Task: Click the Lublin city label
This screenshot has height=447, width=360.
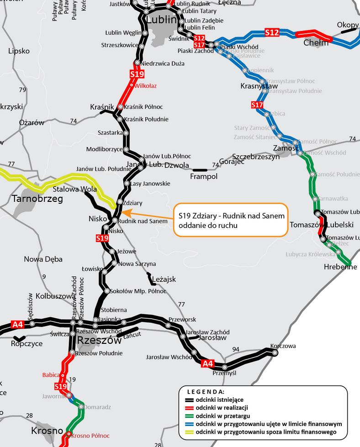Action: (x=161, y=20)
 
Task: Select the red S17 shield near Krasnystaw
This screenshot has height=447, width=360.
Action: (x=257, y=106)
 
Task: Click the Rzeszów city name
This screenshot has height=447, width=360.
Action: (x=100, y=341)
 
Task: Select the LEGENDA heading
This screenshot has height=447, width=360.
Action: (x=206, y=392)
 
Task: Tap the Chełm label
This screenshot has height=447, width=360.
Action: (x=316, y=42)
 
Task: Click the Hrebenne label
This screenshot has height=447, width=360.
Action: (x=340, y=267)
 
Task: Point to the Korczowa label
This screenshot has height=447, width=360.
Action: (x=283, y=346)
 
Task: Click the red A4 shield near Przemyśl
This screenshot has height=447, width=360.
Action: (x=207, y=363)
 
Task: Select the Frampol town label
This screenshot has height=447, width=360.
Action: (x=203, y=176)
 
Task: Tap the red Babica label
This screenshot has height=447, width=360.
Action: (x=51, y=375)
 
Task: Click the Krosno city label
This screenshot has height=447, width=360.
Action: (x=47, y=431)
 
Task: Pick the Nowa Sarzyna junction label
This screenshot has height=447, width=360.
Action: (x=137, y=263)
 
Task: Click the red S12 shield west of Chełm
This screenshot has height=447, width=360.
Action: (x=272, y=32)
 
